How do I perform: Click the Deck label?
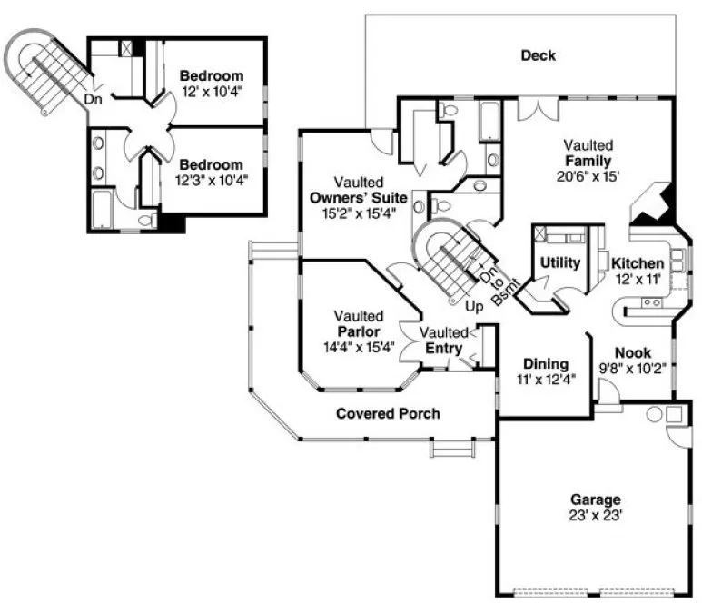(x=538, y=55)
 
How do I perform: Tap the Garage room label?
(x=595, y=499)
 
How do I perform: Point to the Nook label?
(x=633, y=352)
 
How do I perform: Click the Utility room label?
(x=559, y=262)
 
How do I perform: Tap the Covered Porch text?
(x=388, y=414)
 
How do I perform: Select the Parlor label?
(x=358, y=331)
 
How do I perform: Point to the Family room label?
(x=590, y=161)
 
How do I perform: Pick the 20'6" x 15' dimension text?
(x=590, y=176)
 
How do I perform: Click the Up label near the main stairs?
(x=474, y=307)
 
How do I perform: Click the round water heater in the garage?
(x=654, y=414)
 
